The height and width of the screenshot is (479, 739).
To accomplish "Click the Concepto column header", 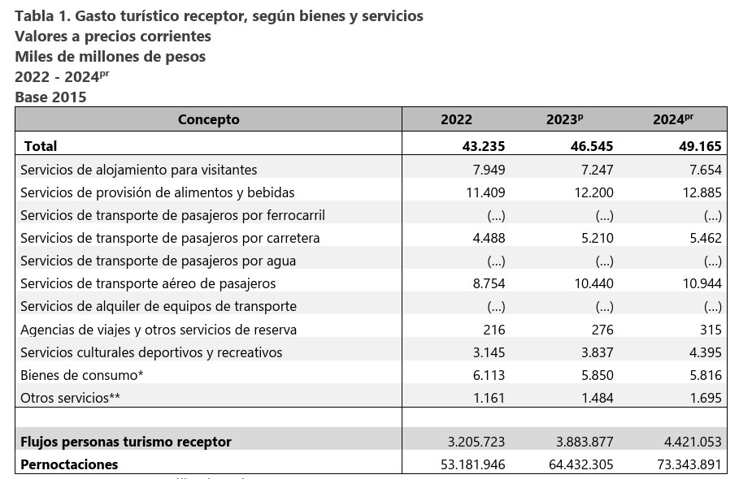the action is (208, 119).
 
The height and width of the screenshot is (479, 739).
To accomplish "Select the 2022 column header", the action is (456, 119).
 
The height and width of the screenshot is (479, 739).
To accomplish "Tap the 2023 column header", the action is (565, 119).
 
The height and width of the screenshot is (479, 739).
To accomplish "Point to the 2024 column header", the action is (673, 119).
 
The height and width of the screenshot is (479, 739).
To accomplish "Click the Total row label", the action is (41, 146).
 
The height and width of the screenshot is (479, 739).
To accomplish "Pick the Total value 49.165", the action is (700, 146).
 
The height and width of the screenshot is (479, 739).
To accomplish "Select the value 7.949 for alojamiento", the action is (489, 170).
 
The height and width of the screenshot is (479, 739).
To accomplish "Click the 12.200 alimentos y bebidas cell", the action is (593, 192).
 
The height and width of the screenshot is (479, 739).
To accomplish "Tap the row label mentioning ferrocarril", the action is (172, 215).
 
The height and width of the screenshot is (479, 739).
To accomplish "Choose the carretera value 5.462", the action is (706, 238).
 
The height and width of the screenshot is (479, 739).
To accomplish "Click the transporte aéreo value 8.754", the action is (489, 283).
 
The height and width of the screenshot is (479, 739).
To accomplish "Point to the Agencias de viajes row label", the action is (159, 330).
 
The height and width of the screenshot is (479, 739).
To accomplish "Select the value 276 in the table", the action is (602, 330).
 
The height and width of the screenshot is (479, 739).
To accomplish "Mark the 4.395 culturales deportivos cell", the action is (706, 352).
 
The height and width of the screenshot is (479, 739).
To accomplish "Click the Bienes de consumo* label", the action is (81, 375).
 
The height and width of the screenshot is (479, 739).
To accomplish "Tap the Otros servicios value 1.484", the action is (598, 398).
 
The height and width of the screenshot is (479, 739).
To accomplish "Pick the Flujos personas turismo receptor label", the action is (126, 442).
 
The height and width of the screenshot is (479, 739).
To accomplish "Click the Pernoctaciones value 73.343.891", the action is (689, 465).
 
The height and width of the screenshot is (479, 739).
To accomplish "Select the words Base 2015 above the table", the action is (50, 97).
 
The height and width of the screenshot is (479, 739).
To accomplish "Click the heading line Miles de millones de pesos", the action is (111, 57).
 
